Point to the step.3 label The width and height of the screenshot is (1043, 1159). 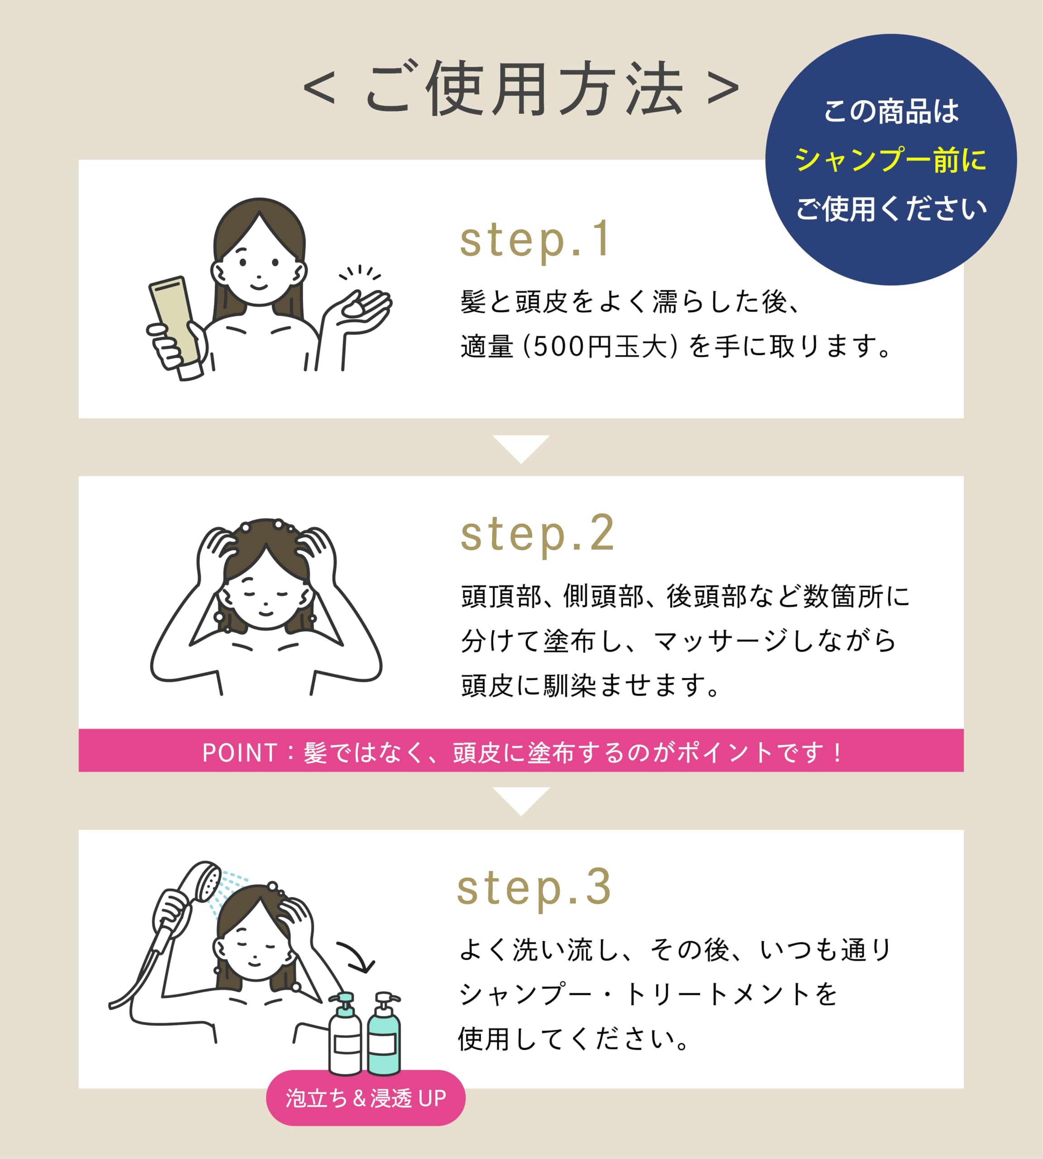[534, 887]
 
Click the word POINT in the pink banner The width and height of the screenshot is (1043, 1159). [240, 752]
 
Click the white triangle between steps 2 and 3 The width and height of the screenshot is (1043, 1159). [521, 801]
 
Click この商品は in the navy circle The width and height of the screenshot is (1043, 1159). [891, 111]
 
